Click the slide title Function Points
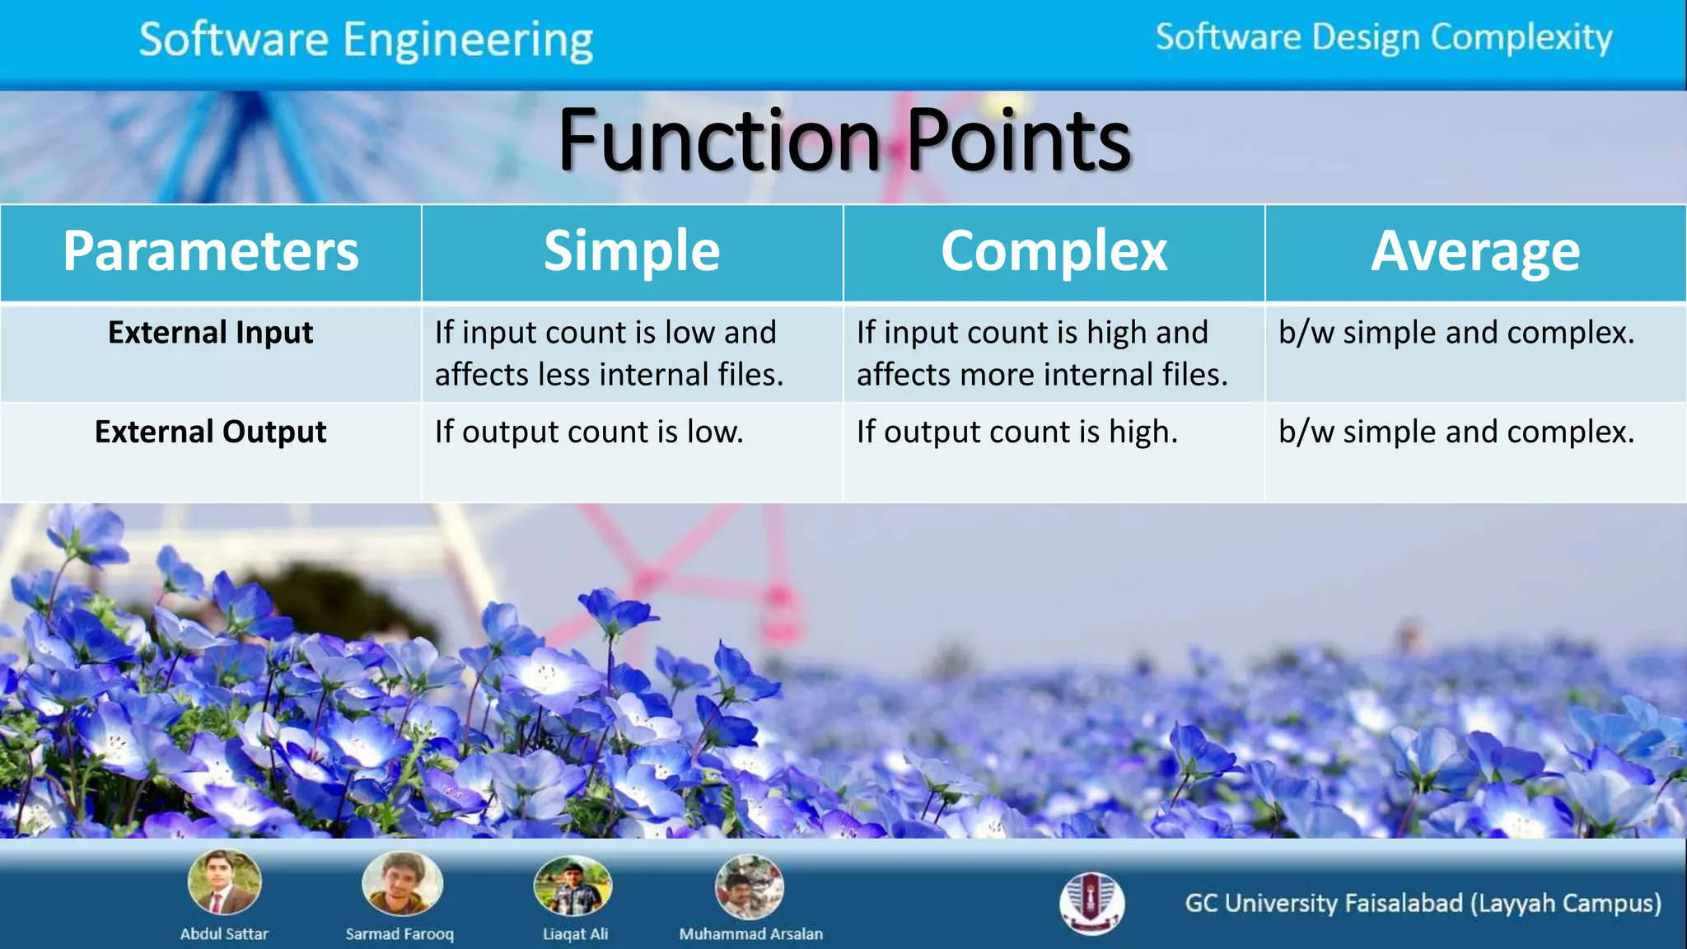[844, 142]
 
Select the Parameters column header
[211, 251]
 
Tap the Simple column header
[632, 251]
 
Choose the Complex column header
[1054, 251]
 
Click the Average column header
[1475, 251]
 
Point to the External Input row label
[211, 333]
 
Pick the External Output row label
[211, 432]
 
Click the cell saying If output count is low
[589, 432]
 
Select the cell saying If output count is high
[1017, 432]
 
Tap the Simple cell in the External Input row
[610, 353]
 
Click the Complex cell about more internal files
[1042, 353]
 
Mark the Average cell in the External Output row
[1456, 432]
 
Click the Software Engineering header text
[366, 40]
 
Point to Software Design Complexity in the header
[1384, 38]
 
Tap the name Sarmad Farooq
[400, 934]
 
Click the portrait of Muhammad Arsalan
[749, 886]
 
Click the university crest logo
[1092, 903]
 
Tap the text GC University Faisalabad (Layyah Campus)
[1423, 904]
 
